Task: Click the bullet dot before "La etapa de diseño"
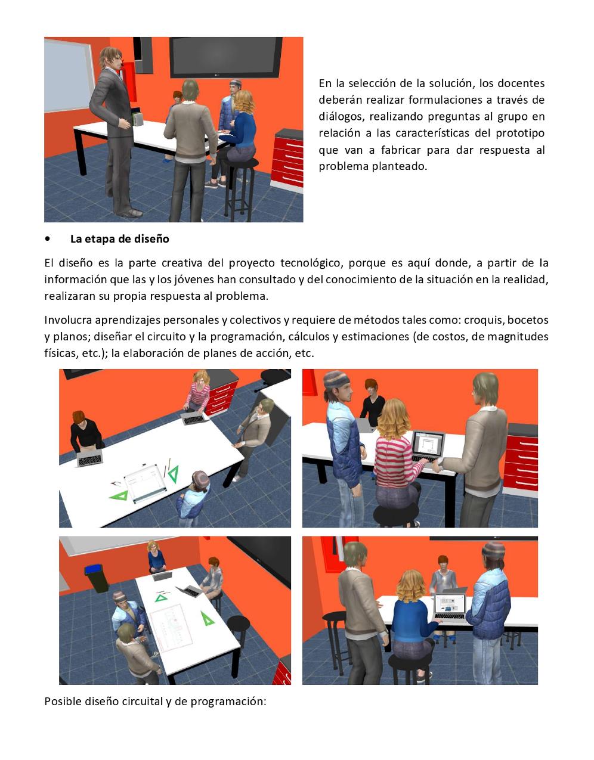click(x=47, y=239)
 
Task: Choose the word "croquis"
click(x=482, y=320)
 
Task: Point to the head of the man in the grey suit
click(x=111, y=58)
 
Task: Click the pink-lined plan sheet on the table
click(x=171, y=628)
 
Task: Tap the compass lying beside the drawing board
click(x=116, y=484)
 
